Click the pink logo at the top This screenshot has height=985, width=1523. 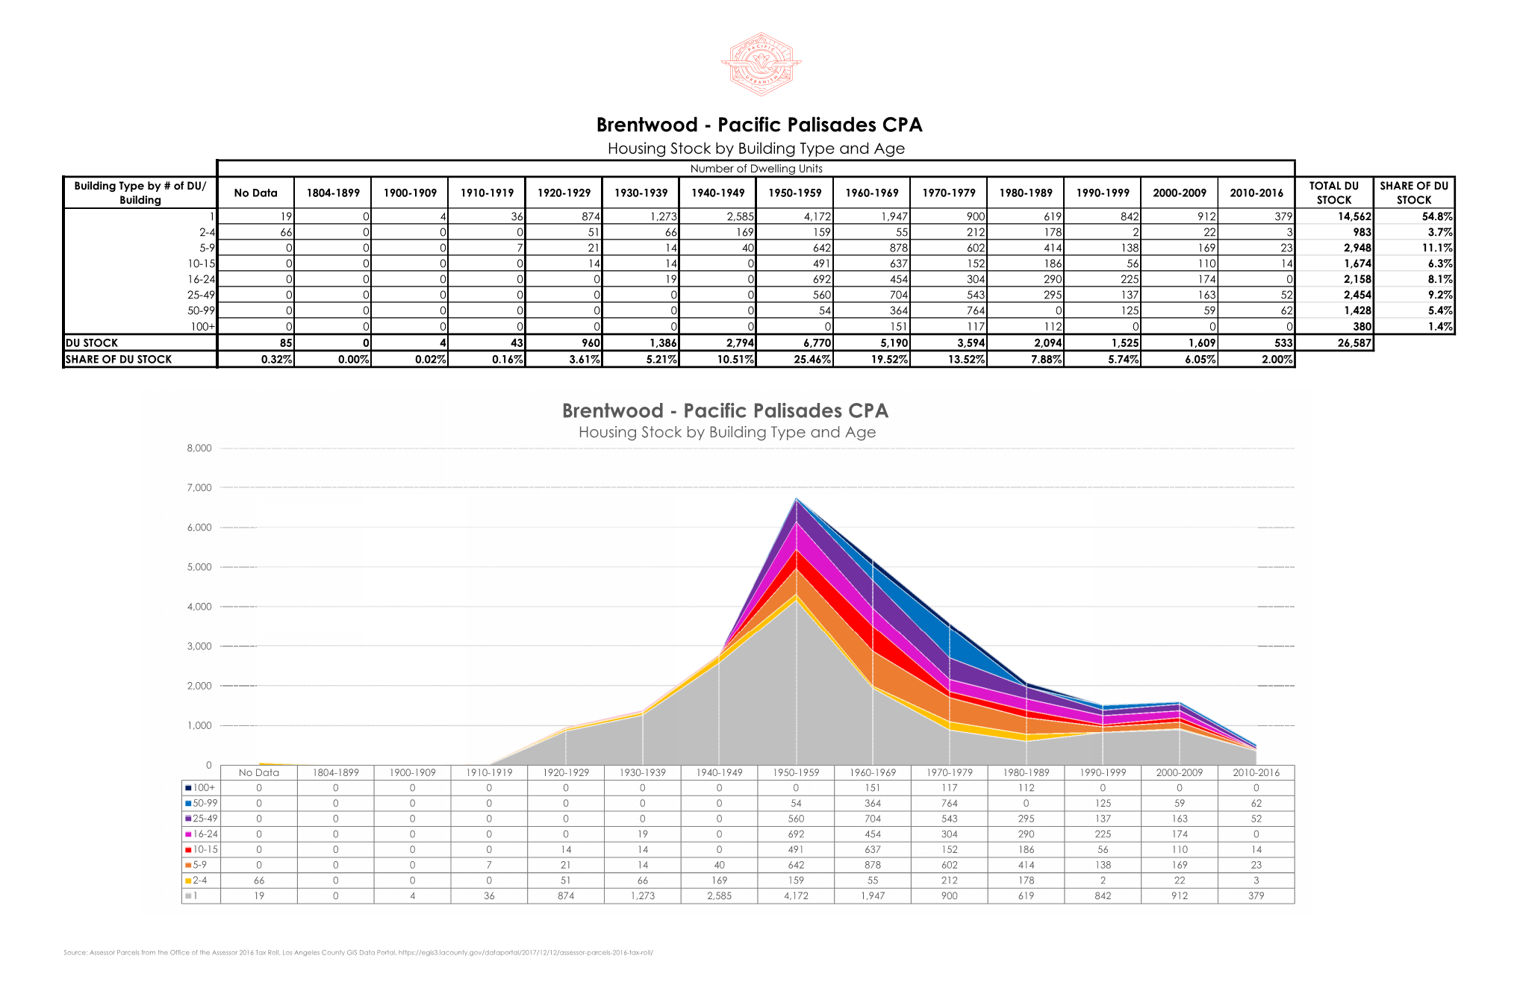[x=761, y=64]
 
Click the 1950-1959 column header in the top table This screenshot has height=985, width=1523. [x=795, y=193]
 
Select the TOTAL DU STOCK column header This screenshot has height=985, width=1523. [x=1334, y=193]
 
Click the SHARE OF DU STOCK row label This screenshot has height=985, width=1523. [x=119, y=359]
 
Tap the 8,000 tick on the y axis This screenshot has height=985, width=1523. [x=199, y=448]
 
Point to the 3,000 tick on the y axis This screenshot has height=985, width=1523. [x=199, y=646]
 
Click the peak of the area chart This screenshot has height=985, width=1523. [x=797, y=499]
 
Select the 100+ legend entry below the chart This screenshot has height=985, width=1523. [x=202, y=787]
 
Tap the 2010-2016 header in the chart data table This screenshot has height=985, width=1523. [x=1256, y=772]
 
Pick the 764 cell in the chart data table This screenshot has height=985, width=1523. [x=950, y=803]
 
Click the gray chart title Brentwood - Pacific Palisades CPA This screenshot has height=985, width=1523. [x=725, y=411]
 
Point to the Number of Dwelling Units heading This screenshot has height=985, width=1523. [x=756, y=169]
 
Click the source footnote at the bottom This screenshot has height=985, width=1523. [x=358, y=952]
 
